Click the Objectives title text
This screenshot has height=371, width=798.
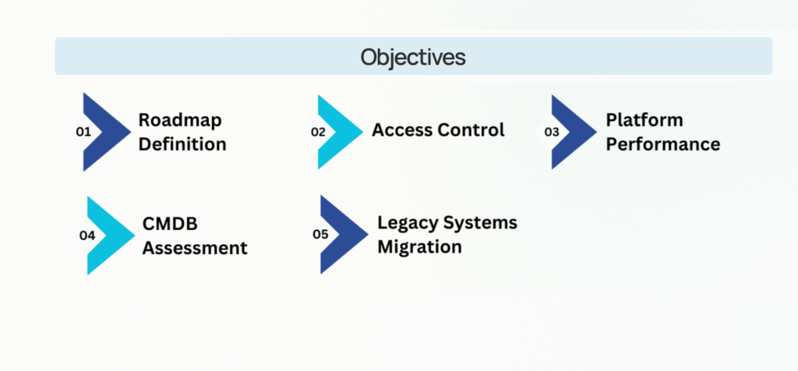pos(413,58)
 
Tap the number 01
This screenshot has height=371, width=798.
pos(83,132)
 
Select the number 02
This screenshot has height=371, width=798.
pos(318,132)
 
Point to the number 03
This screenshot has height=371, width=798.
pos(552,132)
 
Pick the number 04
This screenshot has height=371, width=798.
pos(87,235)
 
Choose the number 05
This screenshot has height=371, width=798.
pos(320,235)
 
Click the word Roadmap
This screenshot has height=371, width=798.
pos(180,121)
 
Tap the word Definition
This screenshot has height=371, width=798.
pos(182,144)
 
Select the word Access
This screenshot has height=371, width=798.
pos(401,130)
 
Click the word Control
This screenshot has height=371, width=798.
pos(471,130)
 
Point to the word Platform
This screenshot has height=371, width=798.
pos(644,121)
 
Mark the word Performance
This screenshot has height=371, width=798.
pos(663,144)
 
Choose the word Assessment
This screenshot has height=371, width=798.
pos(195,249)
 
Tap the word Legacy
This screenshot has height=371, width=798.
pos(407,224)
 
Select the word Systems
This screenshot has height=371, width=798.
pos(479,224)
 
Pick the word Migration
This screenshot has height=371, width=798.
pos(419,247)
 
